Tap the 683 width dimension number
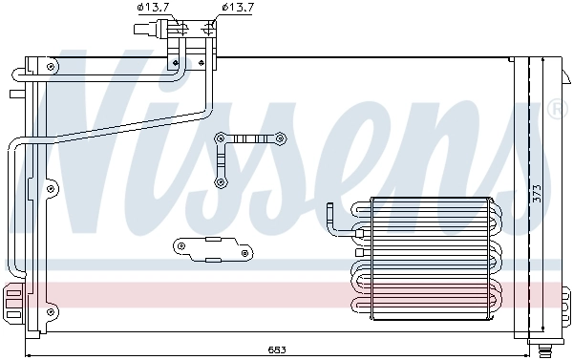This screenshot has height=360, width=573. [275, 349]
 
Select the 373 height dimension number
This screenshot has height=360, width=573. [537, 193]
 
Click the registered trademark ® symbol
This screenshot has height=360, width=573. [557, 108]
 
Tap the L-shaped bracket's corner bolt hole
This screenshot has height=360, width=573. [222, 138]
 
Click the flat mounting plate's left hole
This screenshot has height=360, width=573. [180, 247]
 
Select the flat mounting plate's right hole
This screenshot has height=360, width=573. [245, 252]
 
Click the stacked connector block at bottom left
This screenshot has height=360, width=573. [12, 304]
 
